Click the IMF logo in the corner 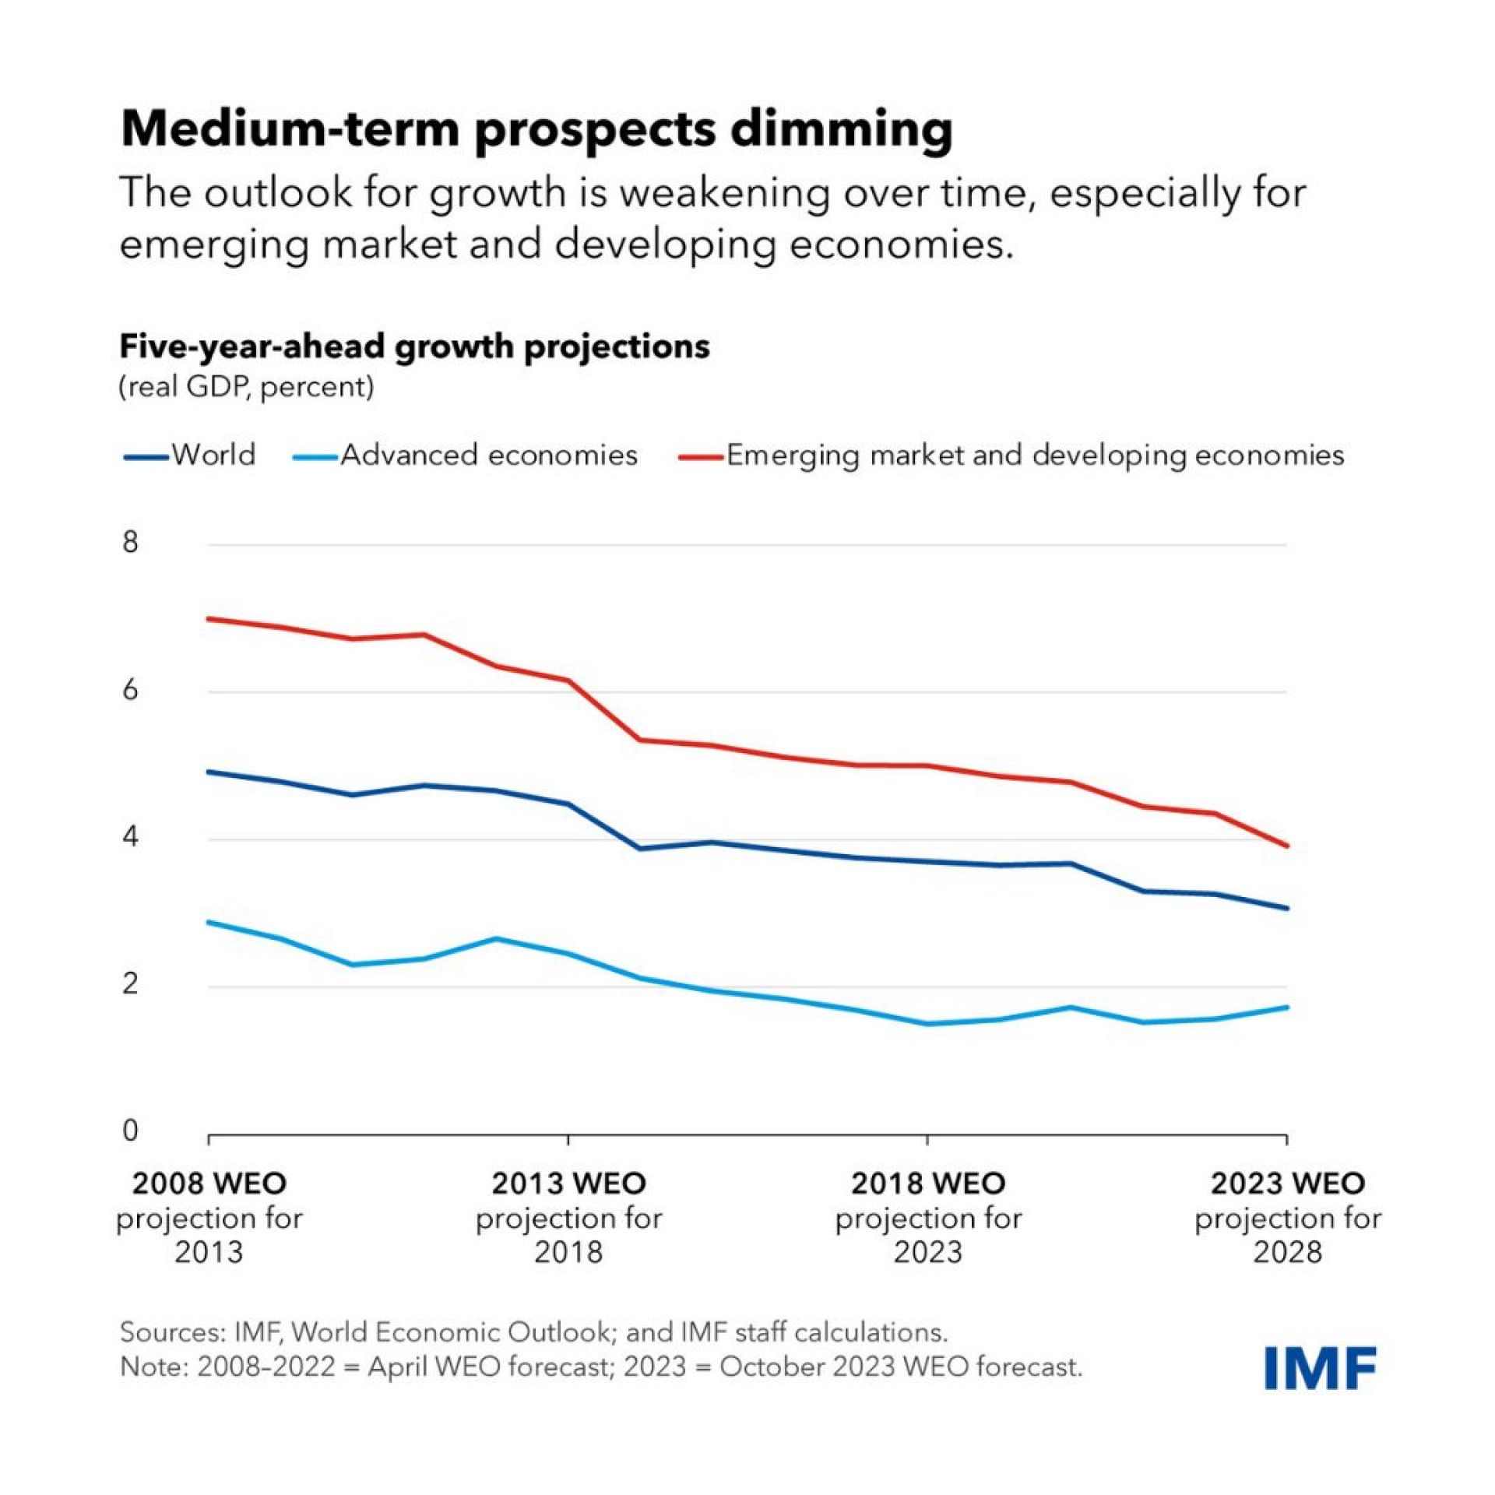pyautogui.click(x=1321, y=1368)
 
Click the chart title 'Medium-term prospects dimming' pyautogui.click(x=536, y=128)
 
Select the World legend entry pyautogui.click(x=190, y=455)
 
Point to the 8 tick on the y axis pyautogui.click(x=131, y=542)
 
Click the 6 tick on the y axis pyautogui.click(x=131, y=690)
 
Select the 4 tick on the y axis pyautogui.click(x=131, y=838)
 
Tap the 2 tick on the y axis pyautogui.click(x=131, y=985)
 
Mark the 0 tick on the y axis pyautogui.click(x=131, y=1131)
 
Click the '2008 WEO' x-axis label pyautogui.click(x=209, y=1184)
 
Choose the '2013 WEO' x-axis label pyautogui.click(x=568, y=1184)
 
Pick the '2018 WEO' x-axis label pyautogui.click(x=927, y=1184)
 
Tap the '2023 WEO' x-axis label pyautogui.click(x=1287, y=1184)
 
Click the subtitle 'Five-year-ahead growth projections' pyautogui.click(x=414, y=346)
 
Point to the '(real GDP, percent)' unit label pyautogui.click(x=246, y=387)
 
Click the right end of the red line pyautogui.click(x=1287, y=846)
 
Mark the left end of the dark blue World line pyautogui.click(x=209, y=772)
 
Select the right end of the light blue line pyautogui.click(x=1287, y=1007)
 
